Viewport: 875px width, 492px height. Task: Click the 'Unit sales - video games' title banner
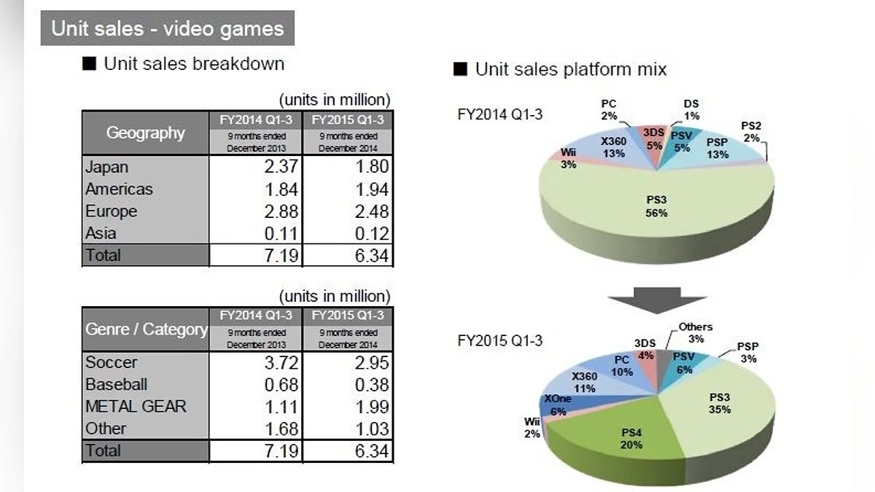[x=167, y=28]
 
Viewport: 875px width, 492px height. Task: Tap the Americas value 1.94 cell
[x=347, y=189]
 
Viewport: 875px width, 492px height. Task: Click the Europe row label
[x=111, y=211]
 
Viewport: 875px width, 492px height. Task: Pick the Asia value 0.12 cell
[x=347, y=233]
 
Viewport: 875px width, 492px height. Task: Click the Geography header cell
[x=146, y=133]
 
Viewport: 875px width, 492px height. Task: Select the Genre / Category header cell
[x=146, y=329]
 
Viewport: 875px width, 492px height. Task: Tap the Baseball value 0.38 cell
[x=347, y=384]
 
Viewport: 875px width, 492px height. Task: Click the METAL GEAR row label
[x=136, y=406]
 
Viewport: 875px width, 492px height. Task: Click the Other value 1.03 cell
[x=347, y=428]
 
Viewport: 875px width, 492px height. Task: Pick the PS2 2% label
[x=751, y=131]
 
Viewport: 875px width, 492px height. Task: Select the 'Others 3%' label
[x=695, y=332]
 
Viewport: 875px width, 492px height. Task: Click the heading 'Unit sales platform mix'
[x=570, y=69]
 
